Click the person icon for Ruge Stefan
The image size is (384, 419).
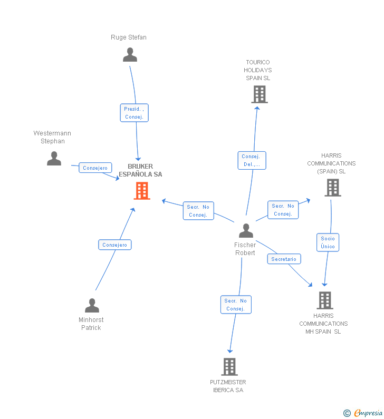point(130,55)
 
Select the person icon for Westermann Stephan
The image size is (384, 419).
point(54,159)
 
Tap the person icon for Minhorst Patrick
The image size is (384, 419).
point(92,306)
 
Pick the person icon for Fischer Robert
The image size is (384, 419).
point(246,231)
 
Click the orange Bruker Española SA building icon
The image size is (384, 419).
point(142,191)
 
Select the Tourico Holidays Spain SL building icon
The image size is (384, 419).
point(259,94)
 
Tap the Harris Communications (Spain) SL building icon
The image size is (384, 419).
point(333,187)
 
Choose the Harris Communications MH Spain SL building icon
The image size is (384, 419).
point(324,300)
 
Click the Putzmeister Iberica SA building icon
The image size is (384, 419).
point(229,366)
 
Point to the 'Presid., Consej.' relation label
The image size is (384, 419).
point(134,113)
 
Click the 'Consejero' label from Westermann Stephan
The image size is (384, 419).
point(95,168)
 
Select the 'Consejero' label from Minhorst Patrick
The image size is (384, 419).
point(115,245)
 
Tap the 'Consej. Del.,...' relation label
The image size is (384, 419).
point(252,160)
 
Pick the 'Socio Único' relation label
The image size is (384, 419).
point(328,242)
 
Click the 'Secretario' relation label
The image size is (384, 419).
point(284,259)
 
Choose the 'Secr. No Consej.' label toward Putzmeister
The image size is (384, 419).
point(235,305)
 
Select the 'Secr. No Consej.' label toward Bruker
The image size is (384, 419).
point(198,211)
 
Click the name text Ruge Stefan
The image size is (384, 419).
point(129,37)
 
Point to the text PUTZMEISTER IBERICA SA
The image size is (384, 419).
point(228,386)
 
